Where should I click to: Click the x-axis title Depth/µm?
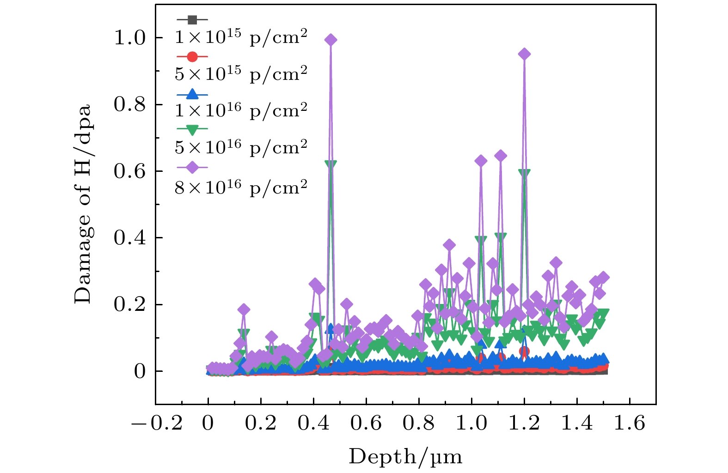click(x=405, y=457)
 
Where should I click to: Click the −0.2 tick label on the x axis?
click(x=157, y=423)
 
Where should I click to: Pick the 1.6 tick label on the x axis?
click(x=629, y=423)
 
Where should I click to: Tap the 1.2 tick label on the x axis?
click(x=524, y=423)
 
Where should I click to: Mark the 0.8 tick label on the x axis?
click(x=419, y=423)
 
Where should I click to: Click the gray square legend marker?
click(x=192, y=20)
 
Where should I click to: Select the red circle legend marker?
click(x=192, y=57)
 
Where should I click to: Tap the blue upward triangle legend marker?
click(x=192, y=94)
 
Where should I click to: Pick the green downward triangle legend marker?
click(x=192, y=130)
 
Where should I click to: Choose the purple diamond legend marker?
click(x=192, y=167)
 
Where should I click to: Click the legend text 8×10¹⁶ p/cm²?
click(x=241, y=188)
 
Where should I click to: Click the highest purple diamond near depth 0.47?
click(x=330, y=40)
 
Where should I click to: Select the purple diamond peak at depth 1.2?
click(x=524, y=54)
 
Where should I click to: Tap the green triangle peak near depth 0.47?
click(x=330, y=164)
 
